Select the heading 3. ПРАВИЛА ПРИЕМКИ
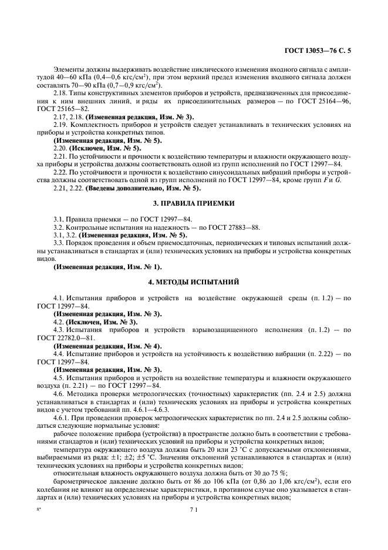[x=193, y=203]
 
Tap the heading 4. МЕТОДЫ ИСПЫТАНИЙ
[x=193, y=282]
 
